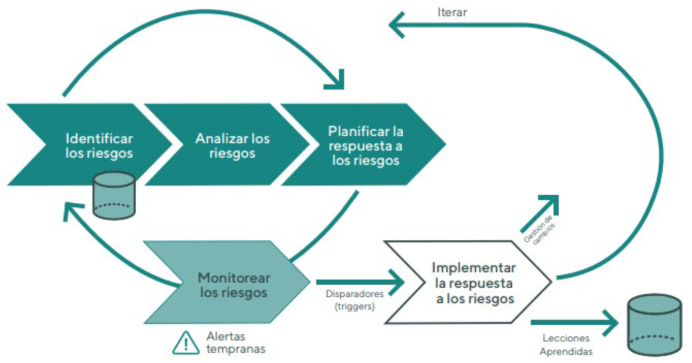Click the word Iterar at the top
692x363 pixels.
click(452, 12)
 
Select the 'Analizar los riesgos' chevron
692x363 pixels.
click(232, 145)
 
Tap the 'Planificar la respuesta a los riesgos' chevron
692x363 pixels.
click(365, 145)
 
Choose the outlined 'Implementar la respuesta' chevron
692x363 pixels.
click(473, 282)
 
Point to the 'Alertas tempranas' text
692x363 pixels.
click(236, 343)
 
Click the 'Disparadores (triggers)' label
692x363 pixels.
click(354, 300)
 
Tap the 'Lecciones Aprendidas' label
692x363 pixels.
click(566, 345)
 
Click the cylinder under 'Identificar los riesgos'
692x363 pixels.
click(114, 195)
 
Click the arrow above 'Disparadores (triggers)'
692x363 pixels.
click(360, 282)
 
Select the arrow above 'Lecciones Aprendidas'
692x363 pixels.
click(575, 323)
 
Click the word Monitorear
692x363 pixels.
click(234, 278)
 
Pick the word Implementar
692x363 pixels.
click(474, 268)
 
